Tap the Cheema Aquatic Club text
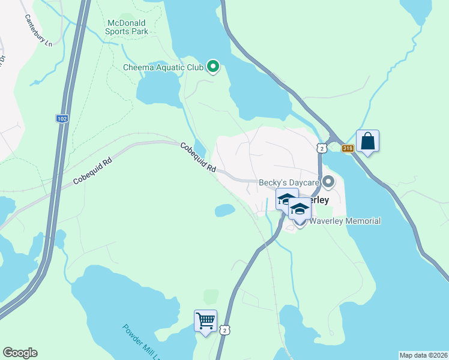163,67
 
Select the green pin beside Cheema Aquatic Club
212,67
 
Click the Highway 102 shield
62,119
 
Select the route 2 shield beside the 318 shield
322,148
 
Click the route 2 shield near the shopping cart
224,330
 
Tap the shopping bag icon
367,142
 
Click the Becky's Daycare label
288,182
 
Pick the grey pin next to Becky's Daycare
328,181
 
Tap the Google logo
20,353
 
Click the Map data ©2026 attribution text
423,355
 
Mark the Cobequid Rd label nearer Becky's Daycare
198,158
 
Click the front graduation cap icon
300,209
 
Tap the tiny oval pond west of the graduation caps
224,210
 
